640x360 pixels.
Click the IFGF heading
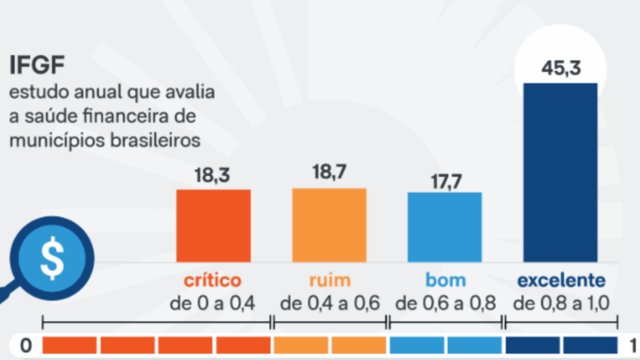(x=35, y=66)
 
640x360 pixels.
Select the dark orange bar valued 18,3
(x=214, y=226)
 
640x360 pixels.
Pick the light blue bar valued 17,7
(x=445, y=227)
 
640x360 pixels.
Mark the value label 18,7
(x=329, y=174)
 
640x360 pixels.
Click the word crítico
(x=213, y=281)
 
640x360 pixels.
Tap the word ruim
(x=330, y=281)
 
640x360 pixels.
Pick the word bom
(x=445, y=281)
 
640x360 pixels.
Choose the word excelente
(x=561, y=281)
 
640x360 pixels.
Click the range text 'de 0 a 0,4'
(x=213, y=303)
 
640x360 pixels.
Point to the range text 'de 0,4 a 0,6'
(x=330, y=303)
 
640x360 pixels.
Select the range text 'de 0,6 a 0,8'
(x=445, y=303)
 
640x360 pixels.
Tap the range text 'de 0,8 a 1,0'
(x=561, y=303)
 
